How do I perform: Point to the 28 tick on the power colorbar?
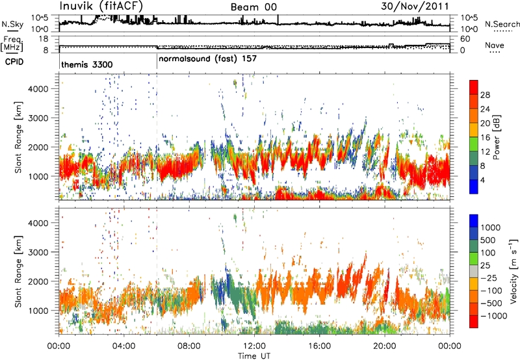tap(484, 94)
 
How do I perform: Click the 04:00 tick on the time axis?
tap(123, 345)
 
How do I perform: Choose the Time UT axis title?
tap(254, 354)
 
